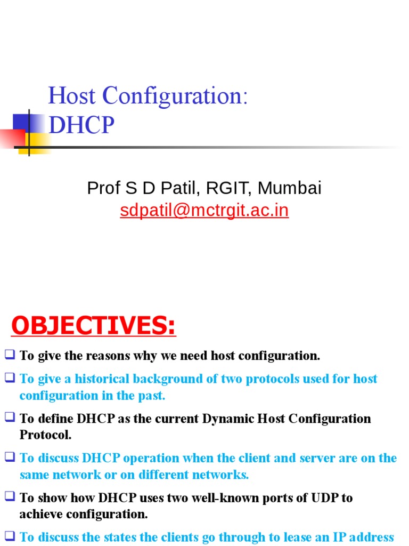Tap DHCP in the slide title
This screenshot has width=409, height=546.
(x=81, y=125)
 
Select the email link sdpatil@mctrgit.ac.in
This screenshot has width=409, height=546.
(x=204, y=211)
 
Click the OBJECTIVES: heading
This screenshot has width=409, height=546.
(x=94, y=326)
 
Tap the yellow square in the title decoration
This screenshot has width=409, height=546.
(x=33, y=143)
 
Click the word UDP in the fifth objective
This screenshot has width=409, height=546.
(x=325, y=498)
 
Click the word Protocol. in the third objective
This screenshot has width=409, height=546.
(x=45, y=435)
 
